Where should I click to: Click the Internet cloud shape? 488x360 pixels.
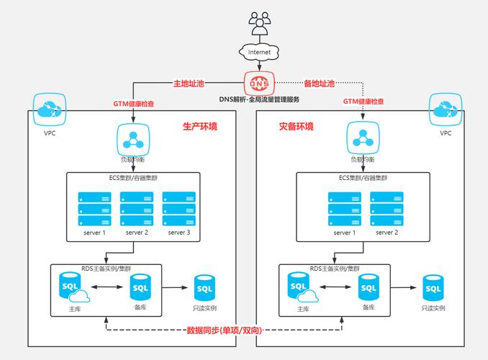coord(260,52)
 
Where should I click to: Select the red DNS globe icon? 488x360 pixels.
coord(259,83)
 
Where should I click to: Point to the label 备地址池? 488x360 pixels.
coord(319,84)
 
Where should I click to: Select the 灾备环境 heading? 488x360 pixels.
coord(297,127)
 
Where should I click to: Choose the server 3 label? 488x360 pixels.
coord(179,233)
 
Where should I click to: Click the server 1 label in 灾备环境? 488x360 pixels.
coord(344,233)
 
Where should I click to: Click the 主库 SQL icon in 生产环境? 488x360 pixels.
coord(71,287)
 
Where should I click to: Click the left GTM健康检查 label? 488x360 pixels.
coord(132,103)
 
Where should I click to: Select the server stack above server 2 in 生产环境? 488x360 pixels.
coord(136,208)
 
